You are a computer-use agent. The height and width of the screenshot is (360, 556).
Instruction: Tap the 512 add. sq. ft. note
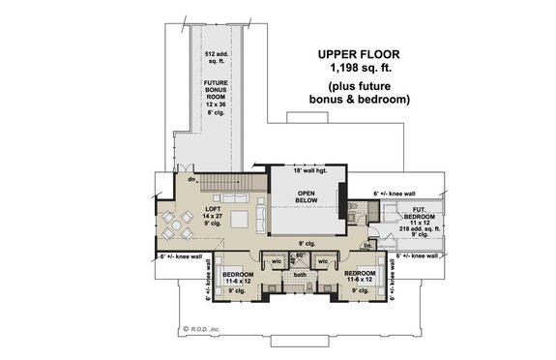point(217,58)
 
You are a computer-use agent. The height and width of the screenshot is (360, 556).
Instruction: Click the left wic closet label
point(276,260)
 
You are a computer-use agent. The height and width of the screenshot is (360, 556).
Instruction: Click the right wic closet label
point(325,260)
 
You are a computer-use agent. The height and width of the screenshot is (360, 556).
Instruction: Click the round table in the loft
point(174,229)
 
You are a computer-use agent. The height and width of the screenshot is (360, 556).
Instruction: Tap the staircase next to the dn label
point(232,182)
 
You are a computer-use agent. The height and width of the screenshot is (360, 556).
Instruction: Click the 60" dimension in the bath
point(300,255)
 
